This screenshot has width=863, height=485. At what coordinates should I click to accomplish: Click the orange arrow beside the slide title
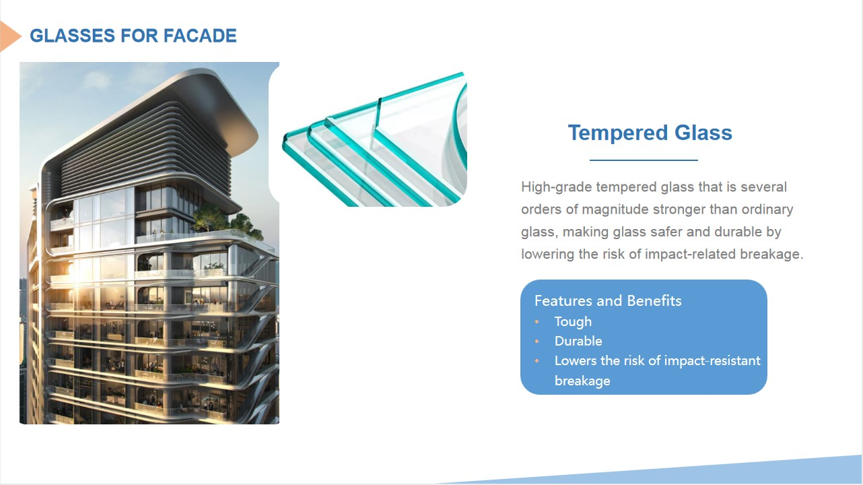click(9, 36)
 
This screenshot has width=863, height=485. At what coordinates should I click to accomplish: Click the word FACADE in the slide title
click(200, 36)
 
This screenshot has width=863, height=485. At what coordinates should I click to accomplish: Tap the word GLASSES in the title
click(73, 36)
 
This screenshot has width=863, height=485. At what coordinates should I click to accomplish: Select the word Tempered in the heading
click(618, 133)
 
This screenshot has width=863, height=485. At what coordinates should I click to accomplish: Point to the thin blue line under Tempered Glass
click(644, 160)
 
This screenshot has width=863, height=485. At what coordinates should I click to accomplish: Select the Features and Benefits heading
click(608, 300)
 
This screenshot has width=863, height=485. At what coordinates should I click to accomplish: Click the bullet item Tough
click(573, 322)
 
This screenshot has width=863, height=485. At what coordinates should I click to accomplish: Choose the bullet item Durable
click(578, 342)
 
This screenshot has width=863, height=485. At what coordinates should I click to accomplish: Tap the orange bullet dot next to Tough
click(537, 322)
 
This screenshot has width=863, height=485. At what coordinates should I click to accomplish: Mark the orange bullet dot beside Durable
click(537, 342)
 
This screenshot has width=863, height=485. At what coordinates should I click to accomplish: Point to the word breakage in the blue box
click(582, 381)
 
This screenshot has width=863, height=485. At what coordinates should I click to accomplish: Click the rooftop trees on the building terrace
click(228, 221)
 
